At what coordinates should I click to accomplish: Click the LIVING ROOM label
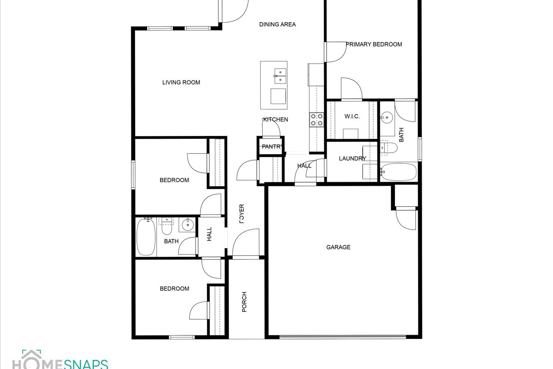click(x=181, y=82)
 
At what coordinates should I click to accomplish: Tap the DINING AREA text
click(x=277, y=24)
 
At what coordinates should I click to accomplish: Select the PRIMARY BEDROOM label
click(x=374, y=44)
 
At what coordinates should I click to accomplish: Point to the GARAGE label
click(x=338, y=247)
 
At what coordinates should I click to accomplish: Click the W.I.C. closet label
click(x=352, y=116)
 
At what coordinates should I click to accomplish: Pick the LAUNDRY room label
click(x=352, y=158)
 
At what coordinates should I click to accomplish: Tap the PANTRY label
click(x=272, y=147)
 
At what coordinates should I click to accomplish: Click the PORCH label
click(x=244, y=302)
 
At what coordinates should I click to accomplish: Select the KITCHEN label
click(x=276, y=119)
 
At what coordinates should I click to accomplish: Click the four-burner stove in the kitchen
click(x=317, y=119)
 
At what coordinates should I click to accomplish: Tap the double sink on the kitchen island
click(x=280, y=76)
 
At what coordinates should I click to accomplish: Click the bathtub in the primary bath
click(x=398, y=172)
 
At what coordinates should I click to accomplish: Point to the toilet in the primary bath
click(x=388, y=148)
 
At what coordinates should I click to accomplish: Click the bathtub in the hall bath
click(x=146, y=237)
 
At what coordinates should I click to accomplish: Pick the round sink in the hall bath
click(x=188, y=225)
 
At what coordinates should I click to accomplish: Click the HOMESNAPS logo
click(x=60, y=359)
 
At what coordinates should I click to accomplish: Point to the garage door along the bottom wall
click(x=343, y=336)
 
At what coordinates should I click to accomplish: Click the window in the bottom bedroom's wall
click(x=182, y=337)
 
